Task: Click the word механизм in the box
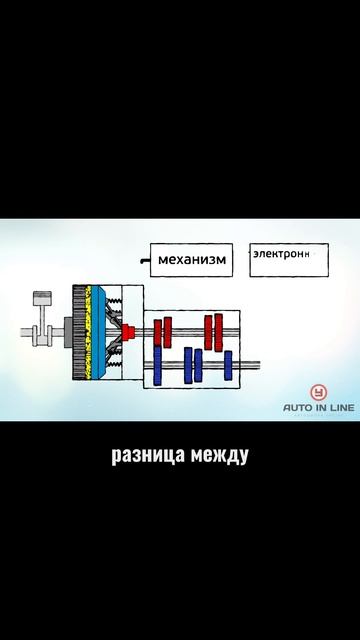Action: click(x=193, y=262)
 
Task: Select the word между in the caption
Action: click(x=215, y=455)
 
